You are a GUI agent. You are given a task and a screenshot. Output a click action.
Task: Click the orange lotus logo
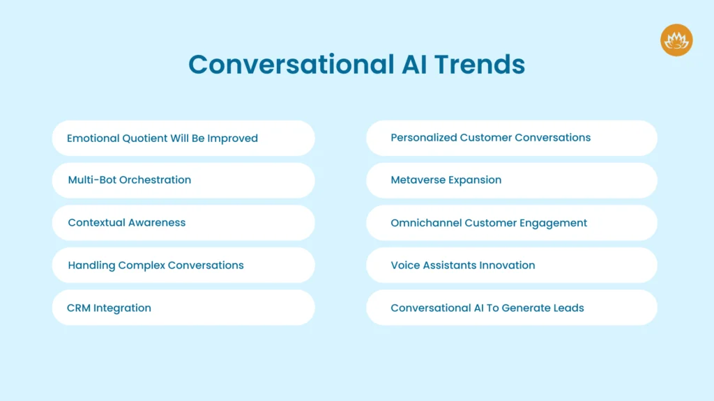676,40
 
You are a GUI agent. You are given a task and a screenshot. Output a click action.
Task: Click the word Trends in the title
480,64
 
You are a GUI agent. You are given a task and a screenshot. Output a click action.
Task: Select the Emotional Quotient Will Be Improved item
183,138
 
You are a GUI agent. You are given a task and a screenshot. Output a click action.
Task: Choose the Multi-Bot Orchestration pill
183,180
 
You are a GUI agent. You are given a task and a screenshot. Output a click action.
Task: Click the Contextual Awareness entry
183,223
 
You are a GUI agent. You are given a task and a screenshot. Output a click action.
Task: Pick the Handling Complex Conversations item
183,265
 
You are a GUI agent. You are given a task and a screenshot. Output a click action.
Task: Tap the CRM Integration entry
183,308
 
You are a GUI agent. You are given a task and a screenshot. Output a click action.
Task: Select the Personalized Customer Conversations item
511,138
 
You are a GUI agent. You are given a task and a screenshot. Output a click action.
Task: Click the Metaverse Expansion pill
511,180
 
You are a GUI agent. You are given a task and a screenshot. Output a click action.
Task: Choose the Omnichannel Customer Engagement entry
511,223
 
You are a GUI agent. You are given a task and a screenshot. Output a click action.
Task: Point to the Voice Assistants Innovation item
511,265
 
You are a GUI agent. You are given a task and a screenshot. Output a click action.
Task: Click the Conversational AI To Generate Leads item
511,308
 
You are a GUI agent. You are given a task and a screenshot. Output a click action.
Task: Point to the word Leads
568,308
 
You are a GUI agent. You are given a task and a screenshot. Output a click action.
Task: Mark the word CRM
79,308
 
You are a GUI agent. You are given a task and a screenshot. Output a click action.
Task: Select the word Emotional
93,138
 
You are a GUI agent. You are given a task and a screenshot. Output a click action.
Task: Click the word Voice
404,265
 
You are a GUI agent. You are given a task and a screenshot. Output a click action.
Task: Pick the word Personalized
423,138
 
